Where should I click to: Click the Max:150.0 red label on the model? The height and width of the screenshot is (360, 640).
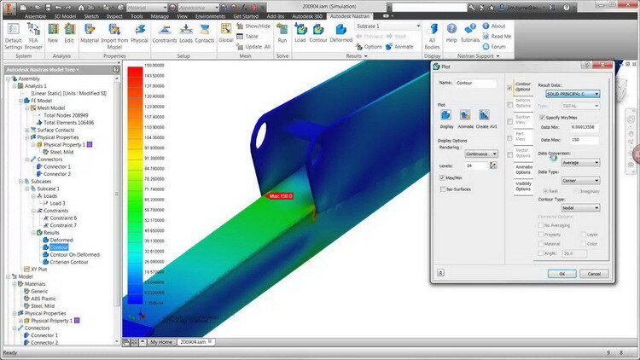281,195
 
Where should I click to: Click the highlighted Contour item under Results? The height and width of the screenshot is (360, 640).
61,247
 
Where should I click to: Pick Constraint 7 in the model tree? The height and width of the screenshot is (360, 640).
62,225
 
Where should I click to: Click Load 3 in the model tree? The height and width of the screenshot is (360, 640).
57,203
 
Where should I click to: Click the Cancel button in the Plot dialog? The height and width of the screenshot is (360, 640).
594,274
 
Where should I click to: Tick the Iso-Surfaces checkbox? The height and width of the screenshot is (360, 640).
442,189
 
